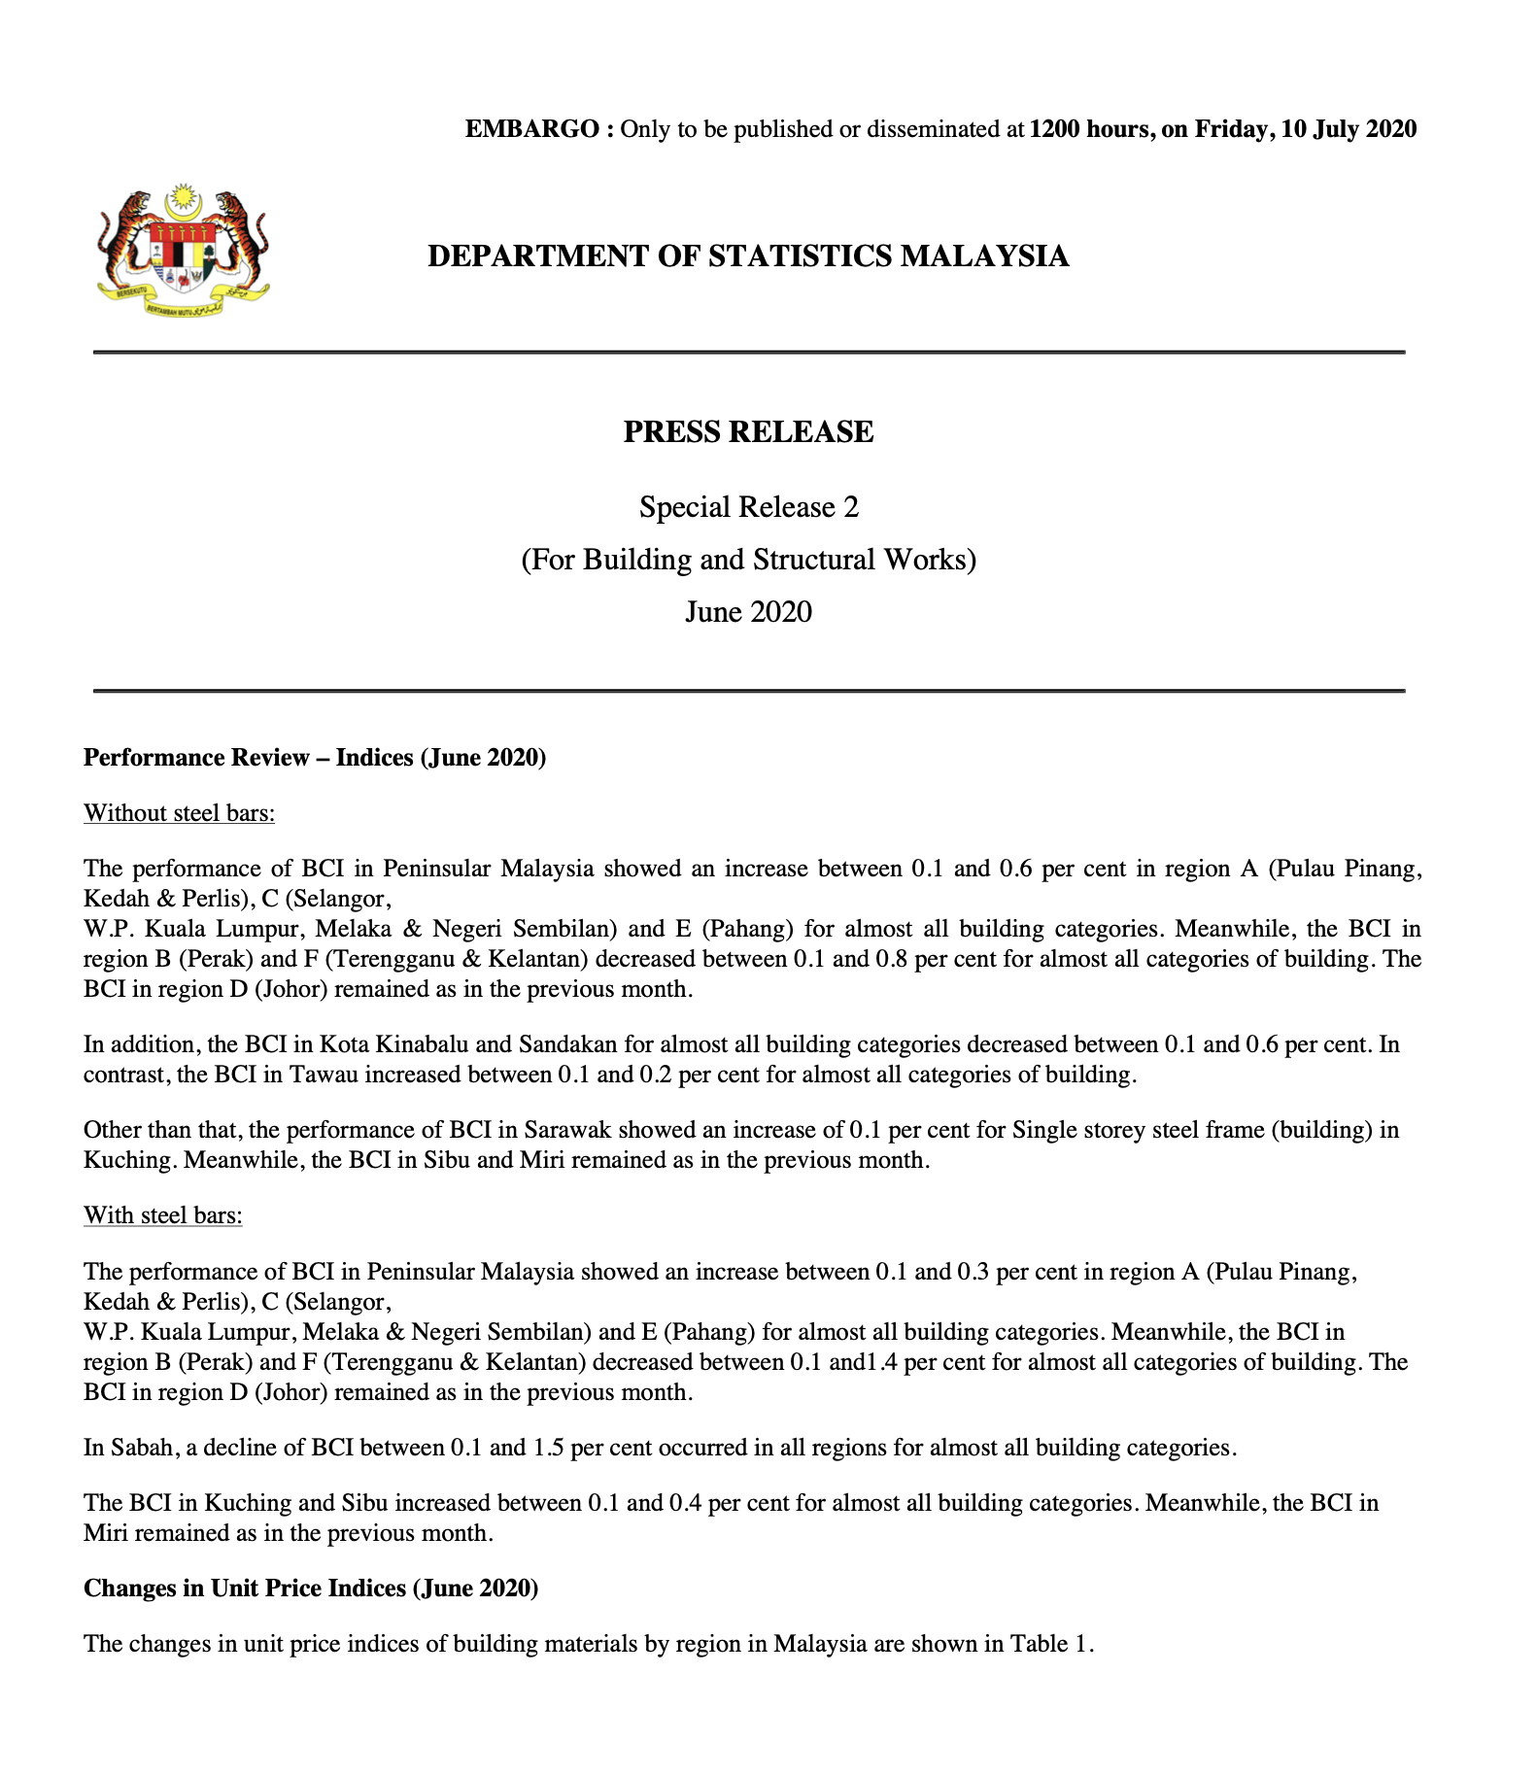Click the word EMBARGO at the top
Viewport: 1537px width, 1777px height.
click(x=533, y=129)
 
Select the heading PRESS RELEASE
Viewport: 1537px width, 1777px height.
click(x=748, y=431)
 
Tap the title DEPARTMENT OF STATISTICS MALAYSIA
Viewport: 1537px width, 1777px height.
click(x=748, y=256)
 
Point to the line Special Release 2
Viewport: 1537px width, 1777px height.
click(x=748, y=507)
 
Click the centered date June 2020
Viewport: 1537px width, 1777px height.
click(x=748, y=612)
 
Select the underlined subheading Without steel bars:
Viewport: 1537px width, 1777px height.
click(x=179, y=812)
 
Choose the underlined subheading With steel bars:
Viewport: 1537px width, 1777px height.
click(x=162, y=1215)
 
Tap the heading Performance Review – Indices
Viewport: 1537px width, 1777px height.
click(x=315, y=757)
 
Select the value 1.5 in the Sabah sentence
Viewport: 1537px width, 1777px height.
click(x=548, y=1448)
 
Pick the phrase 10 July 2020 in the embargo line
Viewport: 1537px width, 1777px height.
click(x=1349, y=129)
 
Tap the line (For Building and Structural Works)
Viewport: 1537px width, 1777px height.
click(x=748, y=560)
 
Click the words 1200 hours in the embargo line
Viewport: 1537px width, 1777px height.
click(x=1088, y=129)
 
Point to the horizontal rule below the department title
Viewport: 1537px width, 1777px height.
click(x=748, y=352)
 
